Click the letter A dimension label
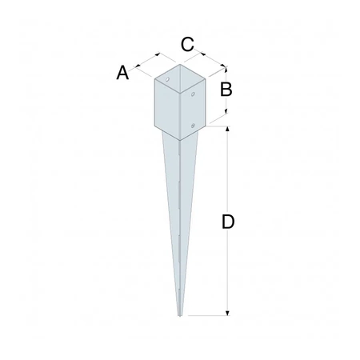tap(122, 73)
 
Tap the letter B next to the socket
tap(226, 90)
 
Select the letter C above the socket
tap(186, 45)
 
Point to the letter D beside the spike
tap(228, 223)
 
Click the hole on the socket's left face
tap(168, 80)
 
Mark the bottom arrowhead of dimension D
tap(228, 313)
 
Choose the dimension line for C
tap(207, 58)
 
